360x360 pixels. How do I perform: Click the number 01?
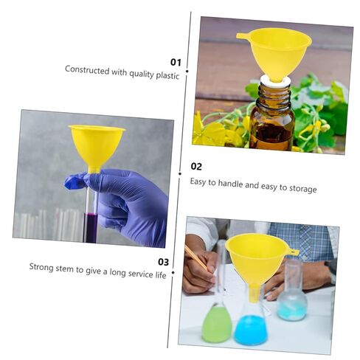tap(176, 62)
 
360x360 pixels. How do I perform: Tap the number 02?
tap(196, 167)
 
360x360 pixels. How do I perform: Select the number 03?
tap(163, 262)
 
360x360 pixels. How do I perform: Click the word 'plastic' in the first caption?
tap(167, 75)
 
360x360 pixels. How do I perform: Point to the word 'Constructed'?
tap(87, 70)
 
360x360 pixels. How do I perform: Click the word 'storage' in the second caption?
tap(302, 189)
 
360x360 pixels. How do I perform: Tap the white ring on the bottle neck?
tap(275, 81)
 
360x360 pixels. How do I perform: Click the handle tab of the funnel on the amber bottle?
tap(243, 36)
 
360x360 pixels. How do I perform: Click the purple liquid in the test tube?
tap(91, 228)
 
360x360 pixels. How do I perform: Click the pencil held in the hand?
tap(196, 258)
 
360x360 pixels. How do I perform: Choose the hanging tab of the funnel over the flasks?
tap(294, 252)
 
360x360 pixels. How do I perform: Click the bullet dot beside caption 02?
tap(180, 173)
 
